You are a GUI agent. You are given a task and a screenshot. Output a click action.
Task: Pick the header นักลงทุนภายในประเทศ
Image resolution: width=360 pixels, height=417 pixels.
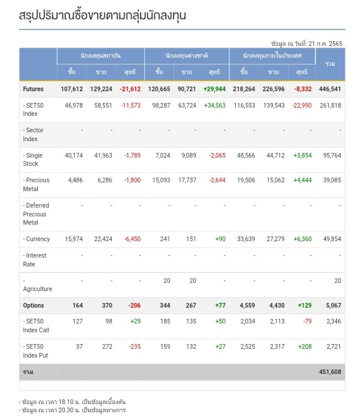click(272, 55)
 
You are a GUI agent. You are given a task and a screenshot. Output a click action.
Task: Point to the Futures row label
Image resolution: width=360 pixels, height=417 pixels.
click(34, 89)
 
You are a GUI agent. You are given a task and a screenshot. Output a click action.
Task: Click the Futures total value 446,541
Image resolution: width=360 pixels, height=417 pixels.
click(329, 89)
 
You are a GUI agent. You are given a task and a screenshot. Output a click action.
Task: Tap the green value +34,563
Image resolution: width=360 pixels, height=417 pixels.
click(214, 105)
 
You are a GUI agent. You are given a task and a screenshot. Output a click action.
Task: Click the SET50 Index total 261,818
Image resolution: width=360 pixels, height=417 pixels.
click(329, 105)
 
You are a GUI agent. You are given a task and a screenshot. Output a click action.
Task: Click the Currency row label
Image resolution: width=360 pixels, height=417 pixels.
click(38, 239)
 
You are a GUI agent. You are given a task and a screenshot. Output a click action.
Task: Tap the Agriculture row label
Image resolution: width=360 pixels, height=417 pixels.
click(38, 289)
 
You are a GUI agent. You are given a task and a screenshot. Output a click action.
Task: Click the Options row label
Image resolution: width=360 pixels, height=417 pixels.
click(34, 305)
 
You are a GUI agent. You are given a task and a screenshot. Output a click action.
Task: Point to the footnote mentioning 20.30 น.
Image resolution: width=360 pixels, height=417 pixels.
click(72, 410)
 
